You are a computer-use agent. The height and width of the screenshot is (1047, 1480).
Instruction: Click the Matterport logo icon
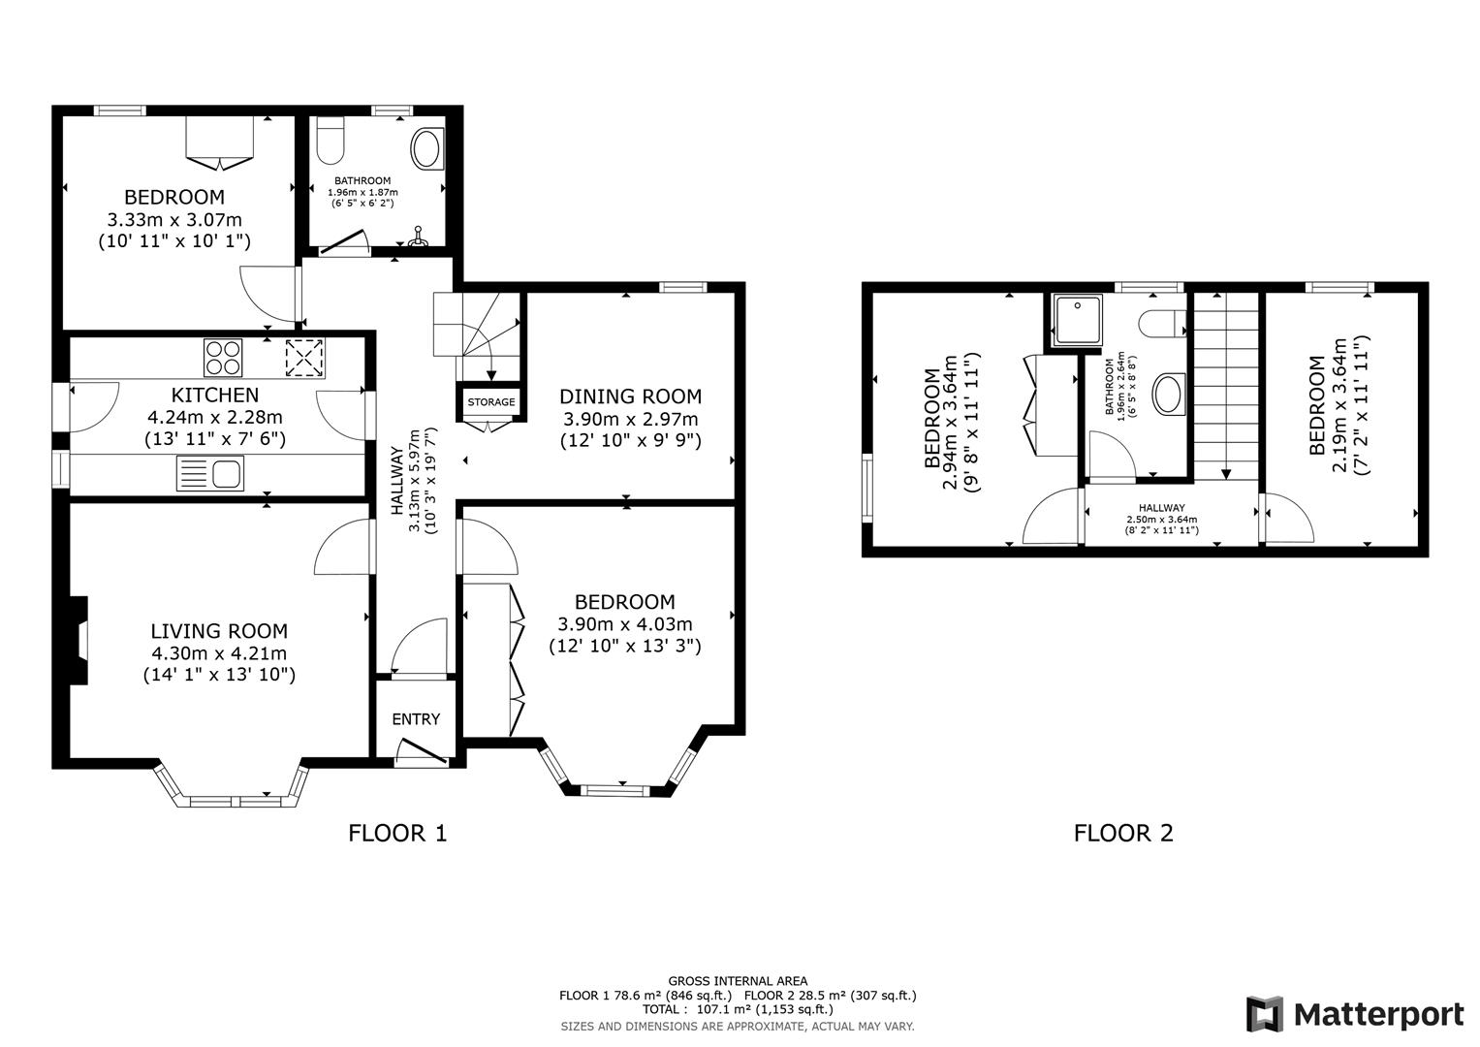[x=1265, y=1014]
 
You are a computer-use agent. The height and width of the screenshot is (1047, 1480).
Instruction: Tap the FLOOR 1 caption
[x=397, y=833]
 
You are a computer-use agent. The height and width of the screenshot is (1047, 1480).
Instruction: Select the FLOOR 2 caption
[x=1123, y=833]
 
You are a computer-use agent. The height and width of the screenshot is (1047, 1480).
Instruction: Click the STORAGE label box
[x=491, y=402]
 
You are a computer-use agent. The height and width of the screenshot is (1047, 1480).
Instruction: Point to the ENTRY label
[x=416, y=719]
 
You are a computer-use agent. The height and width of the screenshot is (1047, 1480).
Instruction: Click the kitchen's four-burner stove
[x=223, y=357]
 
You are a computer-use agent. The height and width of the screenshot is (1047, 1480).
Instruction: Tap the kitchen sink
[x=211, y=475]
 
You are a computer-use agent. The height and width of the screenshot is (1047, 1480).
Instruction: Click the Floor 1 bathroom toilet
[x=331, y=141]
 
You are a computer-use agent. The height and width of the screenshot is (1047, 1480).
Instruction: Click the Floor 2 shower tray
[x=1074, y=321]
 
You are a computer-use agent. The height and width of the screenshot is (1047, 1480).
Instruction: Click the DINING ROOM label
[x=630, y=397]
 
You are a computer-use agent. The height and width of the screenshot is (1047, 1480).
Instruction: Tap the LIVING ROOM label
[x=219, y=631]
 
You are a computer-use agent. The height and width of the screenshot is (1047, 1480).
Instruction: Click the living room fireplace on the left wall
[x=79, y=640]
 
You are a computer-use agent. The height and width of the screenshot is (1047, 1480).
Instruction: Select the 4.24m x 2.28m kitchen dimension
[x=215, y=418]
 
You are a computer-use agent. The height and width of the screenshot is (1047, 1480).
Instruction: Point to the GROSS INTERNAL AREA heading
[x=738, y=981]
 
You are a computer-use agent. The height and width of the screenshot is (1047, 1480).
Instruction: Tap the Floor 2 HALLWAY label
[x=1161, y=507]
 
